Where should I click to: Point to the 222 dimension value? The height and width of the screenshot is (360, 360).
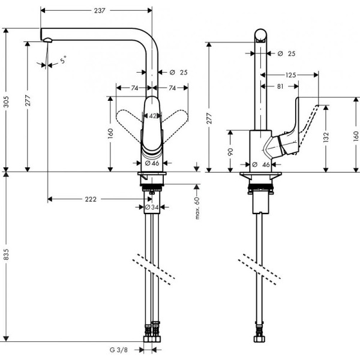click(x=91, y=199)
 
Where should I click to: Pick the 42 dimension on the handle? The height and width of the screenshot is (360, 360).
click(x=152, y=116)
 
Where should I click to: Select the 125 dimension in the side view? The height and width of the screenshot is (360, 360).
click(x=290, y=75)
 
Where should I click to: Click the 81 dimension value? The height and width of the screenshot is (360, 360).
click(x=280, y=87)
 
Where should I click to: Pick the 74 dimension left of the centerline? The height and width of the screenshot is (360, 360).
click(x=135, y=88)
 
